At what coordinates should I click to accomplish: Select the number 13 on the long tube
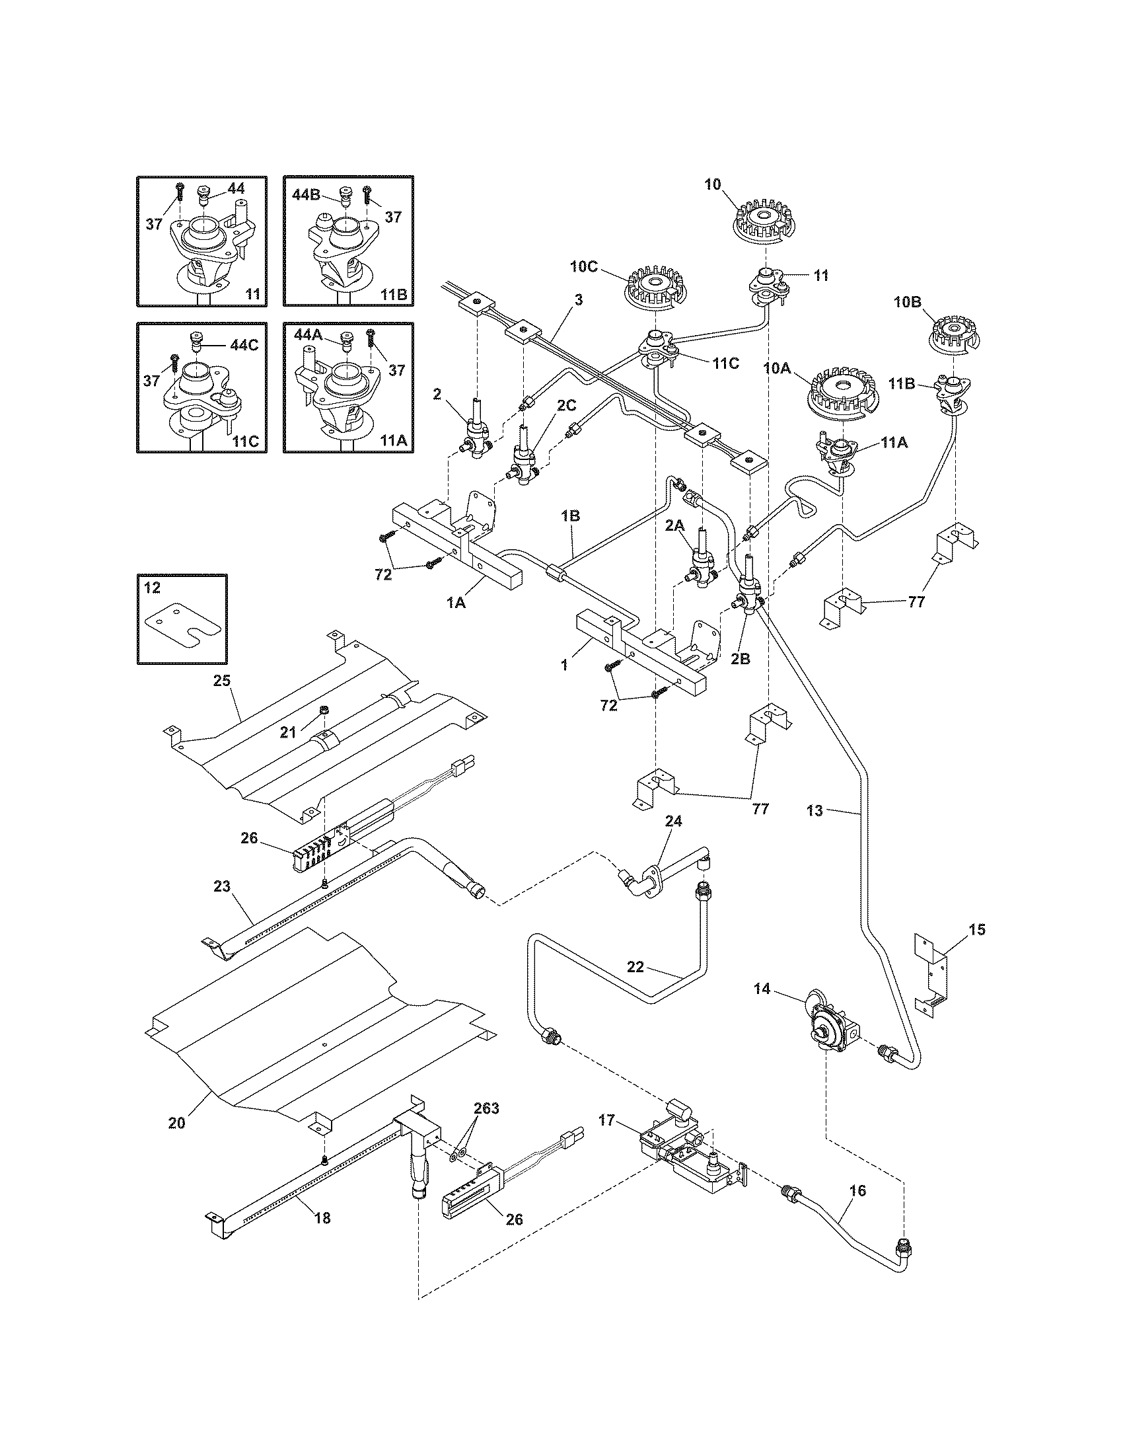point(815,810)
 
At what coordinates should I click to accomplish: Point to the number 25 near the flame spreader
point(221,680)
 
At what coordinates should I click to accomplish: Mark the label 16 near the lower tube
point(858,1190)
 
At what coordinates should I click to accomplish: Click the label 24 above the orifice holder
point(673,822)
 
